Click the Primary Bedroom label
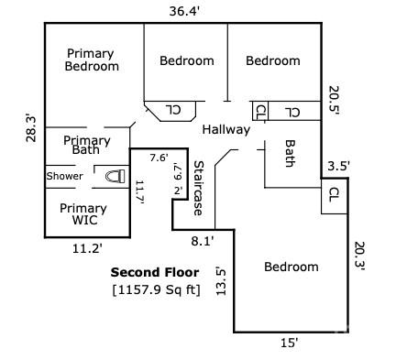coord(93,60)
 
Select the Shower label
coord(65,176)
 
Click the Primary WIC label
coord(83,214)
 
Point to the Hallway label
coord(226,130)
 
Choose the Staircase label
coord(197,188)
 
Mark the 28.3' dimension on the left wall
coord(32,127)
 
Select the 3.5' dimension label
coord(338,167)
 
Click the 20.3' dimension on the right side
coord(359,256)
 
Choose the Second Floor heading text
coord(150,272)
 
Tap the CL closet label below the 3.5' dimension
coord(334,194)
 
